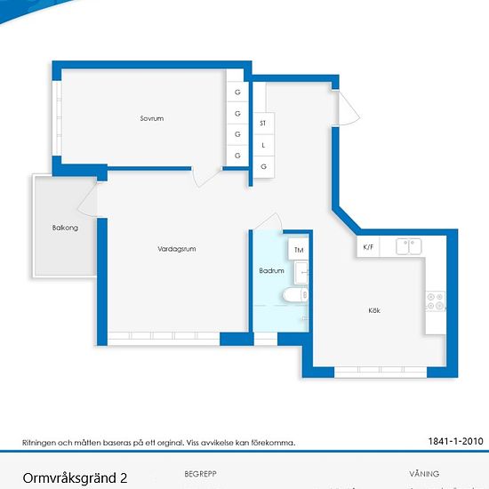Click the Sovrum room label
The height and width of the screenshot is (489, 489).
(x=152, y=118)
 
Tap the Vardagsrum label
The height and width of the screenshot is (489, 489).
(x=177, y=249)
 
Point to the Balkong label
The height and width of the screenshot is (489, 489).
(x=65, y=228)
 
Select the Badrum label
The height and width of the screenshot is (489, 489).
(x=272, y=270)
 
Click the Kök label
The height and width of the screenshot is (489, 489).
(x=374, y=310)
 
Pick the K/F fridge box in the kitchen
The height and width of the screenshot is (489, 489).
(x=368, y=246)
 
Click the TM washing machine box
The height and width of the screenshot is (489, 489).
(x=299, y=249)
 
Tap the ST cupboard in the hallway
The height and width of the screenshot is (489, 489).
(x=263, y=124)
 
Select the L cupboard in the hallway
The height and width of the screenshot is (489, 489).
(x=263, y=145)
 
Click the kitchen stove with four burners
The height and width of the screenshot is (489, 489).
(x=436, y=301)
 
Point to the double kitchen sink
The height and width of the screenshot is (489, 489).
(x=409, y=246)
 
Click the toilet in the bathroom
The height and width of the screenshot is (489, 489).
(x=295, y=295)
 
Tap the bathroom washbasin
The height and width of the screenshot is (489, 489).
(x=301, y=273)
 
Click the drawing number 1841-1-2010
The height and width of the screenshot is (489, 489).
(x=455, y=441)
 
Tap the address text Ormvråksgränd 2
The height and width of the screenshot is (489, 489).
(x=75, y=478)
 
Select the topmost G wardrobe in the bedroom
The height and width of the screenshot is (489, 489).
(x=237, y=92)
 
